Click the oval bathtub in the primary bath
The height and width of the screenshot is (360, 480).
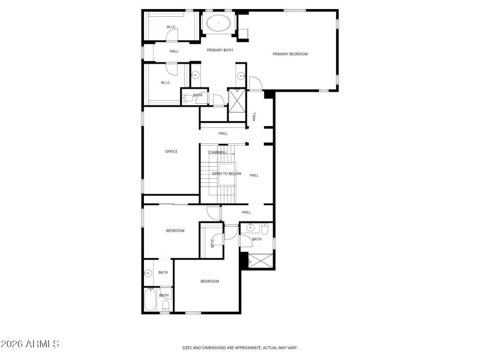click(219, 24)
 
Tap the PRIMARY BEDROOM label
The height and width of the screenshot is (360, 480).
click(290, 54)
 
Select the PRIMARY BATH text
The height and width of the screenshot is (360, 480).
click(220, 50)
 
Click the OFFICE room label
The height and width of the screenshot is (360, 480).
click(171, 151)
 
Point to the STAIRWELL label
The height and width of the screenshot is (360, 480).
click(217, 152)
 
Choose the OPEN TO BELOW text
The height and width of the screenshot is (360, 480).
click(226, 174)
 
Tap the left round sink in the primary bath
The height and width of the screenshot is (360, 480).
click(195, 76)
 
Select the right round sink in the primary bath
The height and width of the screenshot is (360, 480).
click(241, 76)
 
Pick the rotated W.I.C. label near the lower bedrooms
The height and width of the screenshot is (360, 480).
click(212, 242)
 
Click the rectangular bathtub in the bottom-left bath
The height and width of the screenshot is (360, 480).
click(150, 299)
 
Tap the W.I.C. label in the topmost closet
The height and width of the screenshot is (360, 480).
click(172, 27)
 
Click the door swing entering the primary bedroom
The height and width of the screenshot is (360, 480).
click(255, 83)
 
